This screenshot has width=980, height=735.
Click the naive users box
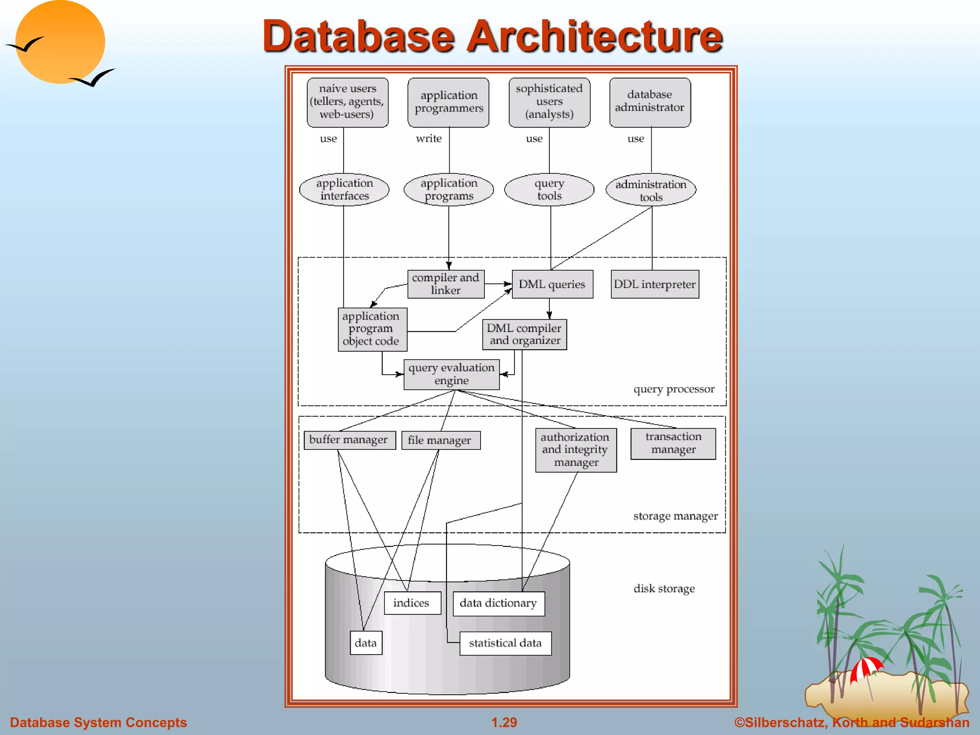[x=347, y=102]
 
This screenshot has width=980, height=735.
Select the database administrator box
[x=650, y=102]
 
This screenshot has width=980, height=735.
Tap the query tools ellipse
[x=549, y=190]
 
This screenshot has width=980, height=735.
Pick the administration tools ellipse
[x=651, y=190]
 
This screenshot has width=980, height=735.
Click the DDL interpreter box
[x=655, y=284]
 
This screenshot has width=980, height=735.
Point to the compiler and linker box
[x=445, y=284]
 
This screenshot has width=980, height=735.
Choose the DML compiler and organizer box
[x=524, y=334]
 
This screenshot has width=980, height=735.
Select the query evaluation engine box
[x=451, y=374]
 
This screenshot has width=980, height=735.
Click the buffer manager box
[x=349, y=440]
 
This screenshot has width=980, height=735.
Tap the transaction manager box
[x=673, y=444]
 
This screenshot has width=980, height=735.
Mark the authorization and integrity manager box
[x=576, y=450]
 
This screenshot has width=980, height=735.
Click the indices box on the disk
[x=412, y=603]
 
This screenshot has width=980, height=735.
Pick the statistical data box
[x=505, y=643]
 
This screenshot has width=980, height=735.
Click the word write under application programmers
[x=429, y=139]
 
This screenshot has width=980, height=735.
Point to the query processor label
[x=674, y=389]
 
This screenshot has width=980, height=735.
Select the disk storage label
[x=664, y=589]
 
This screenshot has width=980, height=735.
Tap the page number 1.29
[x=504, y=722]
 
